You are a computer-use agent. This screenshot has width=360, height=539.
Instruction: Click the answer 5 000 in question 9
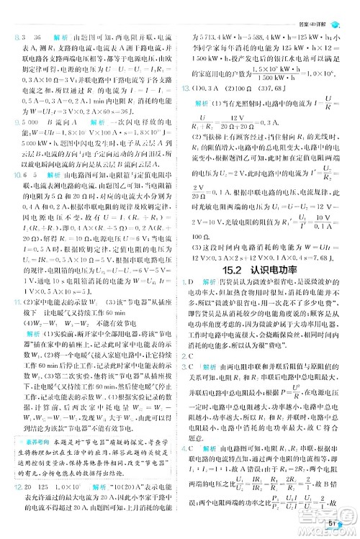tap(37, 123)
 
